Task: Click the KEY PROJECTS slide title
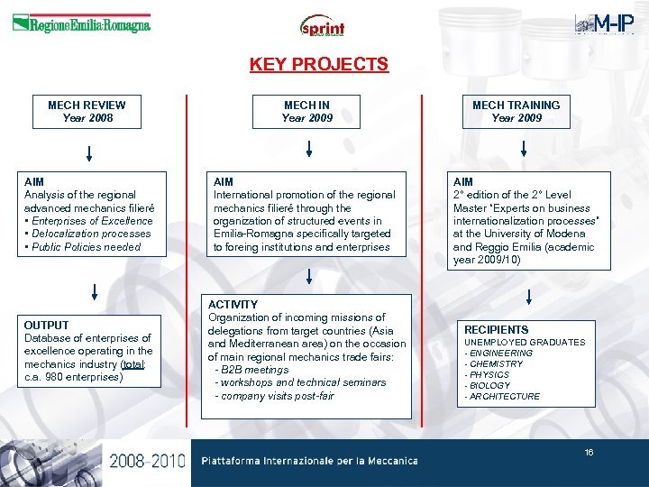tap(318, 64)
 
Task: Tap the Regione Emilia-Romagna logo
tap(81, 24)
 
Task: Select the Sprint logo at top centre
tap(322, 26)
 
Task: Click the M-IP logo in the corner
tap(603, 24)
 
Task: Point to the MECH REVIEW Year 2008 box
tap(87, 111)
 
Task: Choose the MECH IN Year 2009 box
tap(307, 111)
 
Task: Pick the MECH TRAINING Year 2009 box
tap(516, 111)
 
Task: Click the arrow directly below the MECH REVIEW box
tap(88, 151)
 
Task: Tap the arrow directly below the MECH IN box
tap(308, 149)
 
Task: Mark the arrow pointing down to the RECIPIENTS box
tap(528, 296)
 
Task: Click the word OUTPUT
tap(47, 325)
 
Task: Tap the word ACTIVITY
tap(233, 305)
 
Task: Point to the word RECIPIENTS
tap(497, 330)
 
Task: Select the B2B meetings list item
tap(252, 370)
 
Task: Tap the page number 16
tap(589, 453)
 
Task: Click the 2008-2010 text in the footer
tap(147, 462)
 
